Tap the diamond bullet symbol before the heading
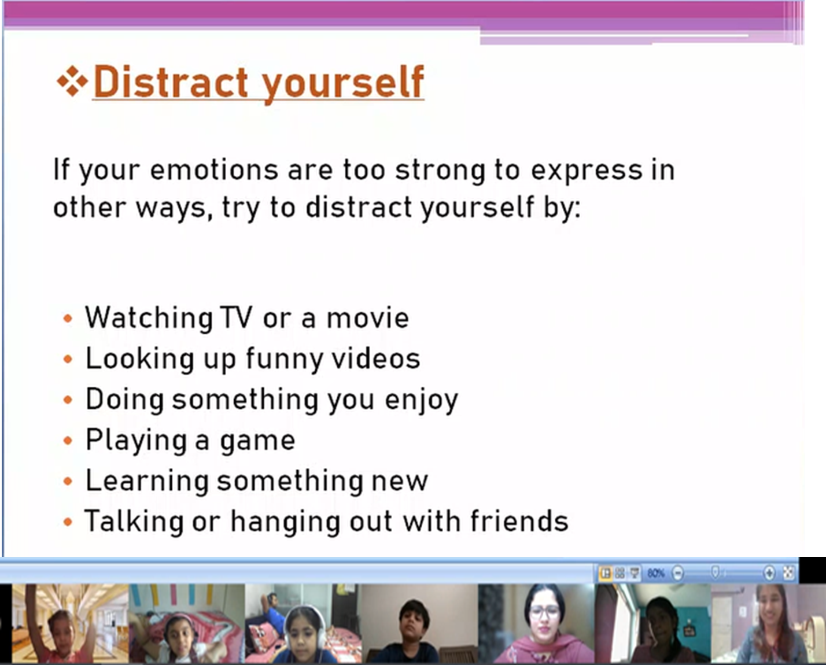[72, 82]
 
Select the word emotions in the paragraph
[214, 170]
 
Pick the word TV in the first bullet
[236, 317]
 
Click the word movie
[367, 317]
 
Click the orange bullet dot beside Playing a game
[68, 441]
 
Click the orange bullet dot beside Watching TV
[68, 319]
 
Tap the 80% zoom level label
[655, 573]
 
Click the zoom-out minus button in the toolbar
[678, 573]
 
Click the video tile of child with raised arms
[70, 623]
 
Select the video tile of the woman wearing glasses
[536, 623]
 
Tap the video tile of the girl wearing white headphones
[303, 623]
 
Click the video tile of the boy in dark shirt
[420, 623]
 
